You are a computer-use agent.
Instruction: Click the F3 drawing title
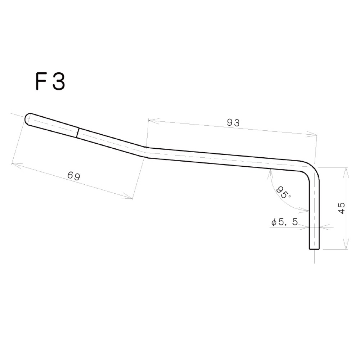click(x=50, y=82)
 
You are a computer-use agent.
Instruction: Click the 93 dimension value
click(x=233, y=123)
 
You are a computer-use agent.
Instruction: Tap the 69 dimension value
click(x=74, y=176)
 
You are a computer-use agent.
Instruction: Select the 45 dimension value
click(x=342, y=208)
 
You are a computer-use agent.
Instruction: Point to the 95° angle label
click(x=284, y=192)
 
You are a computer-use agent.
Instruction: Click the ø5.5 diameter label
click(x=284, y=222)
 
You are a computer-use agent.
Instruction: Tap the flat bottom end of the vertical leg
click(x=314, y=249)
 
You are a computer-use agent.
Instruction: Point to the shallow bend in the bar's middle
click(x=146, y=152)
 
